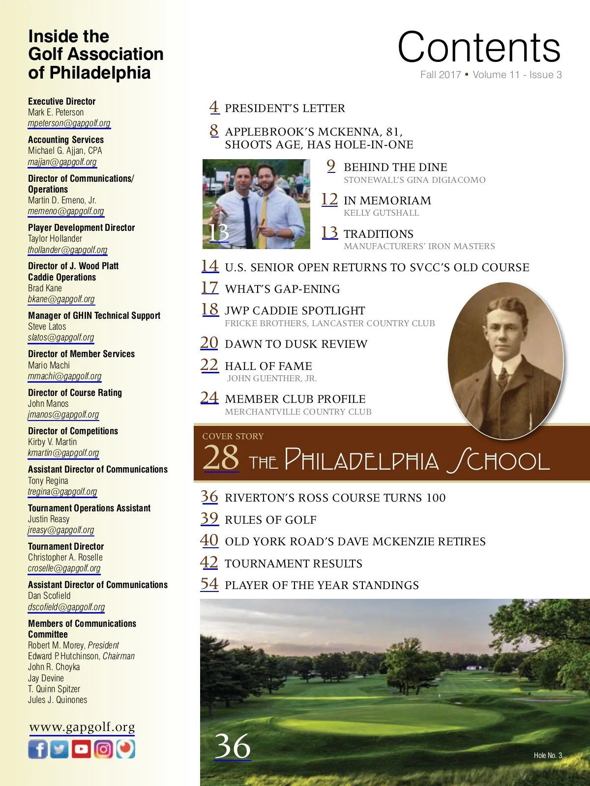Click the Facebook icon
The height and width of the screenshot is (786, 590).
(38, 749)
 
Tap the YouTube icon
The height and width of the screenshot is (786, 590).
(82, 749)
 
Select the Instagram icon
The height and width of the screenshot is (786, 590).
(103, 749)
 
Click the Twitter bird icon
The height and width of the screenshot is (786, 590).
(59, 749)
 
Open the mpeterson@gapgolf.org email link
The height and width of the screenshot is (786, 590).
(69, 123)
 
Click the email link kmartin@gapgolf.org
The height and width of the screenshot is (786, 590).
(63, 453)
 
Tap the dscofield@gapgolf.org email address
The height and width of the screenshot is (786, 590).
(66, 607)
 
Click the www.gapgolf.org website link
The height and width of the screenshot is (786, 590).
(82, 727)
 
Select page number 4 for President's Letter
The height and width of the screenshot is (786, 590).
(214, 107)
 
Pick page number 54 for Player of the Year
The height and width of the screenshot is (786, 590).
(209, 584)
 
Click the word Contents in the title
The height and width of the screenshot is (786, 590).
(479, 48)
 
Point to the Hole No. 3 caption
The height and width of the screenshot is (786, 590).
(548, 756)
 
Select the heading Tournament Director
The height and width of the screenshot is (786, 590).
(66, 546)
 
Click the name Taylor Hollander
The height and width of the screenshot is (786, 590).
(55, 239)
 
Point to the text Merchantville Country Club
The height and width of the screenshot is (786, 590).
(298, 412)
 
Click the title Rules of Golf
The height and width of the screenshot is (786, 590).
(270, 520)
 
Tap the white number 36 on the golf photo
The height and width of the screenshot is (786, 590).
(233, 746)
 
